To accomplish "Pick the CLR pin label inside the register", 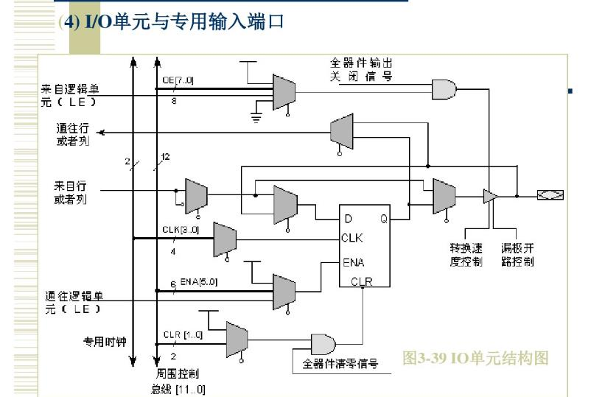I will pos(362,281).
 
